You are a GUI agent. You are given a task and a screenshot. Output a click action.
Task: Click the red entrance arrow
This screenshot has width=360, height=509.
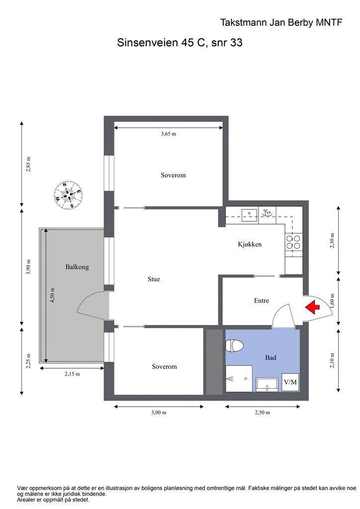(x=312, y=307)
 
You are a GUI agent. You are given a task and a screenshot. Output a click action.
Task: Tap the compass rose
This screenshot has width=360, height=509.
(x=68, y=195)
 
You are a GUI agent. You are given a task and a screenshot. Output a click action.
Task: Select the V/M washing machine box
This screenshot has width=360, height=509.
(x=290, y=382)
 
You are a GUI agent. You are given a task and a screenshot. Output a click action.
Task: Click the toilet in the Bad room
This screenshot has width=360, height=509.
(x=234, y=345)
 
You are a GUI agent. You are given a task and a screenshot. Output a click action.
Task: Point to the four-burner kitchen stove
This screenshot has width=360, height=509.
(x=293, y=242)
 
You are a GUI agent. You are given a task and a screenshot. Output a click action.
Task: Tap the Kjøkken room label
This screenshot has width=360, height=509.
(x=250, y=244)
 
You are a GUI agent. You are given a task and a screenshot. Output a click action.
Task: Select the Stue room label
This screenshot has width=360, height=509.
(x=154, y=279)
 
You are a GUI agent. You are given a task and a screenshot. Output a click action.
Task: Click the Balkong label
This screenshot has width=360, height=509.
(x=77, y=267)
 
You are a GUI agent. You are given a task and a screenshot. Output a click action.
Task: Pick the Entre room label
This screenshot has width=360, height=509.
(x=262, y=301)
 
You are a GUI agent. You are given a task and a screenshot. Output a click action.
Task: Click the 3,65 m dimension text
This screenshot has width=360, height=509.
(x=169, y=134)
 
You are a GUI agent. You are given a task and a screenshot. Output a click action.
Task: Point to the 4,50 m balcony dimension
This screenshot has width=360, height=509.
(x=52, y=295)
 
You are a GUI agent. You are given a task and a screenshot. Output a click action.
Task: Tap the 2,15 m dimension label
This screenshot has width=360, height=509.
(x=72, y=374)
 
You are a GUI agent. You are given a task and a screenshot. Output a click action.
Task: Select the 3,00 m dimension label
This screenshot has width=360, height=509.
(x=159, y=413)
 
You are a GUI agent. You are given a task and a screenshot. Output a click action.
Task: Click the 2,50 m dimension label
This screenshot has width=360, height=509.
(x=262, y=413)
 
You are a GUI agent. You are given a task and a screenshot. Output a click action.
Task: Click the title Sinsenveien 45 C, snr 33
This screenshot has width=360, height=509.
(x=180, y=43)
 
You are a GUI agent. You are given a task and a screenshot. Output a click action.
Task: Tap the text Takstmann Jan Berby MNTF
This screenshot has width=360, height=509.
(x=281, y=22)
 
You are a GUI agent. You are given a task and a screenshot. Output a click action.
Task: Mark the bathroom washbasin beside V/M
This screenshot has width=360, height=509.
(x=267, y=384)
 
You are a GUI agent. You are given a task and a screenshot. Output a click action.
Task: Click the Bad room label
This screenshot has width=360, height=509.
(x=270, y=357)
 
